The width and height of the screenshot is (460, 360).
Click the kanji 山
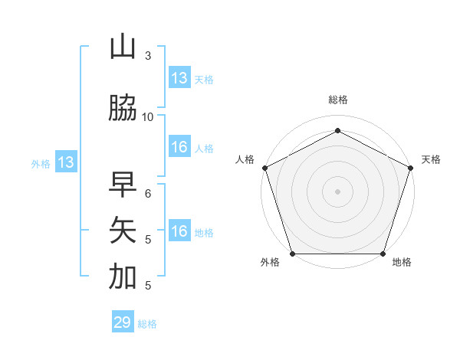tap(123, 47)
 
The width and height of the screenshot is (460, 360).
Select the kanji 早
tap(123, 185)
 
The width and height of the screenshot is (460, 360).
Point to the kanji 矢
tap(123, 231)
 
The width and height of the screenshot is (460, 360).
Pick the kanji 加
tap(123, 277)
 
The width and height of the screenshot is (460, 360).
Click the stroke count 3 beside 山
tap(148, 55)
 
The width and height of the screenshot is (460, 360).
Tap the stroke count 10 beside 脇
tap(148, 116)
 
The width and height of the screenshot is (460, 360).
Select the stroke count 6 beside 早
tap(148, 193)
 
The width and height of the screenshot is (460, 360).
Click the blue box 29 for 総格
tap(123, 322)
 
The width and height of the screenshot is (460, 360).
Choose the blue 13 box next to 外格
tap(65, 162)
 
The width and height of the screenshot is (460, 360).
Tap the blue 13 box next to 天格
tap(179, 78)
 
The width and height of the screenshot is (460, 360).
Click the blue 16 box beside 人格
tap(179, 147)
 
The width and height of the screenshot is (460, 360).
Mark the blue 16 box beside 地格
tap(179, 231)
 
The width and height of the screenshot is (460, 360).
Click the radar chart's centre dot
tap(337, 191)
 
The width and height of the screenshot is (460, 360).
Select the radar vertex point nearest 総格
tap(337, 130)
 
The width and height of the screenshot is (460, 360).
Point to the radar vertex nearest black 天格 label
tap(411, 168)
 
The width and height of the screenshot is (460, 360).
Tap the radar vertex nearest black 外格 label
tap(292, 254)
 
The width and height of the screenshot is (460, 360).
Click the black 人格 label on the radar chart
tap(245, 159)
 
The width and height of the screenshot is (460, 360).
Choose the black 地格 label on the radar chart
tap(402, 263)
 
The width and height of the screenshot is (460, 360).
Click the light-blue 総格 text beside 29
tap(148, 324)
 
